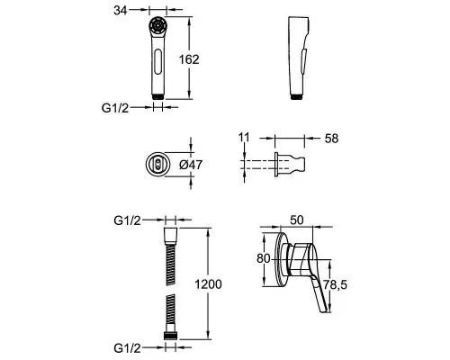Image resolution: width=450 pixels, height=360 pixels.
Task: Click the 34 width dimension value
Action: click(121, 11)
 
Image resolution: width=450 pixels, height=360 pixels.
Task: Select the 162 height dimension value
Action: click(189, 59)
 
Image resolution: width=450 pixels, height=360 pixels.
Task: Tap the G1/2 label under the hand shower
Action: click(115, 108)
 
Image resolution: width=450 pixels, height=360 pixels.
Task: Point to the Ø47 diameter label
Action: click(191, 165)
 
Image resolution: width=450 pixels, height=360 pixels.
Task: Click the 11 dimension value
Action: click(244, 138)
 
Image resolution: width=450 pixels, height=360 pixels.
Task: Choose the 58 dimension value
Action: click(331, 139)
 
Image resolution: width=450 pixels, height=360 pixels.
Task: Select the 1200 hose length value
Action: click(209, 284)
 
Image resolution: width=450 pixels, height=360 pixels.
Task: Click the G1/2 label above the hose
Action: click(127, 220)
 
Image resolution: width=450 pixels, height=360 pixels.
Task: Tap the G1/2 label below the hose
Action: click(127, 348)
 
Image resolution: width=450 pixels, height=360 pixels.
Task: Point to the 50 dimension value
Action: click(297, 220)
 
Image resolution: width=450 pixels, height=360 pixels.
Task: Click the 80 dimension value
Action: click(264, 258)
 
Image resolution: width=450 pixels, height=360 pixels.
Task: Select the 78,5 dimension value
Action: click(335, 284)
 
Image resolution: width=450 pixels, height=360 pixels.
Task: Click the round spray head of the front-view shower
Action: click(157, 26)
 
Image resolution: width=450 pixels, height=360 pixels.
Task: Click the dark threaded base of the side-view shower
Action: click(296, 97)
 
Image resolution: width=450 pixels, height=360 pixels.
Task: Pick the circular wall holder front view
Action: click(158, 164)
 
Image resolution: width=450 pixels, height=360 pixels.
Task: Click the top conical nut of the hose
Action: click(171, 237)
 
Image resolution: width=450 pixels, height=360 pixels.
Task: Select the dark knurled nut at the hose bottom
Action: click(171, 336)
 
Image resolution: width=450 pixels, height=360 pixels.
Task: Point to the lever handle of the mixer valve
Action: click(319, 294)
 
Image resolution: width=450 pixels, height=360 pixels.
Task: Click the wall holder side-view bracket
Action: click(290, 164)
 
